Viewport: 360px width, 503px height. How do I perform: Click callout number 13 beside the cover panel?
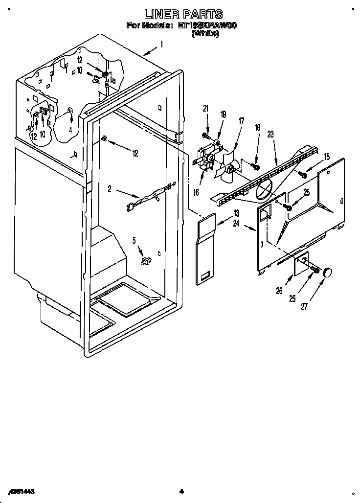point(236,213)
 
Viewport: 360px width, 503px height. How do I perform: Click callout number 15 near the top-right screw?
point(326,157)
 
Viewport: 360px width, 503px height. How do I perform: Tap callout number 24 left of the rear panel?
point(237,224)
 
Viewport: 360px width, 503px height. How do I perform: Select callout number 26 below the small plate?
point(279,291)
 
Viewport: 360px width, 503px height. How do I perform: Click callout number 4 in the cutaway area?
point(70,130)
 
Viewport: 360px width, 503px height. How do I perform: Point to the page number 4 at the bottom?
point(180,491)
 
